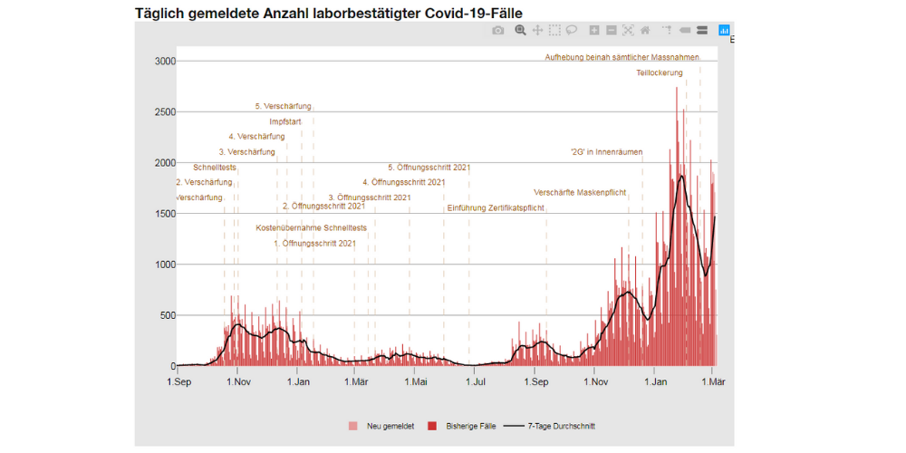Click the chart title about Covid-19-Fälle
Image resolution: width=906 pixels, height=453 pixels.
pos(328,13)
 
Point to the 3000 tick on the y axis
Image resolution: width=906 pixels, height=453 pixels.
pos(163,61)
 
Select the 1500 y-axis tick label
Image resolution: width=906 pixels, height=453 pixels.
pos(163,214)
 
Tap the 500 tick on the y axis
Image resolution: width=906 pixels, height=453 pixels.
pos(166,316)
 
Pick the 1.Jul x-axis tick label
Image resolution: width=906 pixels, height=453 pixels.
pos(475,382)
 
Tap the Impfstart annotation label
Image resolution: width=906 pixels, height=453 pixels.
pos(285,121)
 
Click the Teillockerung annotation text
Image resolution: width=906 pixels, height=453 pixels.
pos(660,72)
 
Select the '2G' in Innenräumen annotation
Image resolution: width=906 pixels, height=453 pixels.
pos(606,152)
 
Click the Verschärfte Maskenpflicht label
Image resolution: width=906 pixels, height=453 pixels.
pos(580,192)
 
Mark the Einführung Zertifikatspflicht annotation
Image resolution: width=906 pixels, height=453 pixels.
pos(496,207)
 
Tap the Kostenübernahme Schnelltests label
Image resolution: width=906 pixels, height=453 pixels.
pos(312,227)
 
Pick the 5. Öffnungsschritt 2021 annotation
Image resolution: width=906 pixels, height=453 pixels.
pos(429,168)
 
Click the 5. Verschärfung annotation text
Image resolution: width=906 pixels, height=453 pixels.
pos(283,106)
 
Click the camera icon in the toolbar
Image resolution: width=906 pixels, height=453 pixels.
pos(497,30)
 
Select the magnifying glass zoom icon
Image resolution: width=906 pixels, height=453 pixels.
pos(520,30)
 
